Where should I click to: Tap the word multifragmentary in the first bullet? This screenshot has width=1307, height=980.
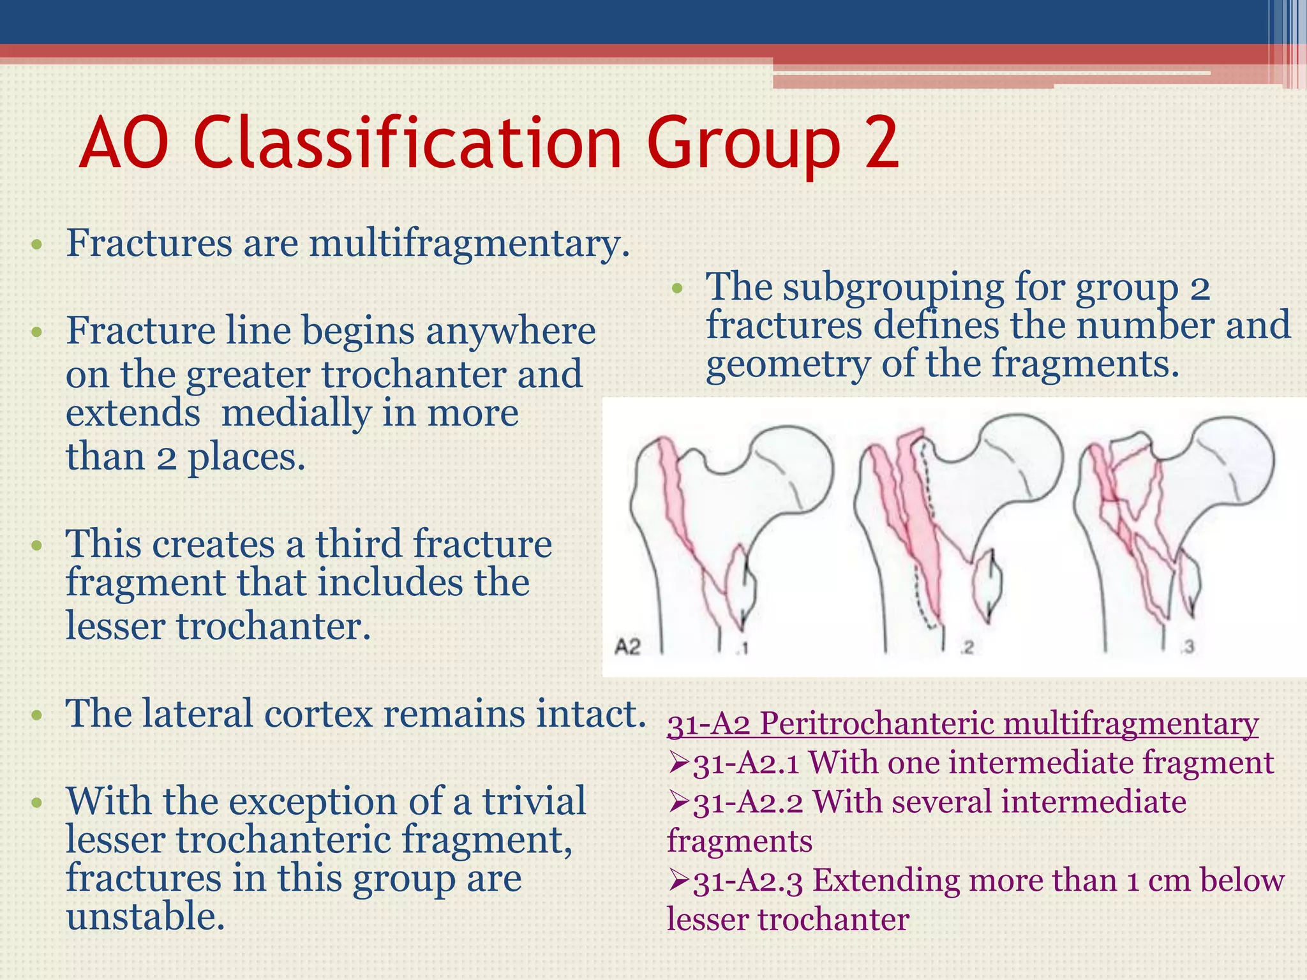click(x=470, y=244)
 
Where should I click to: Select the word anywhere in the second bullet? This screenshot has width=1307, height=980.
click(x=511, y=332)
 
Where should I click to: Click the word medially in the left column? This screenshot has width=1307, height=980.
click(x=296, y=413)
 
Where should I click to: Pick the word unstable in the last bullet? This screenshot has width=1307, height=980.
click(x=146, y=917)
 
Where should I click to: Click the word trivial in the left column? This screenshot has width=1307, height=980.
click(x=534, y=801)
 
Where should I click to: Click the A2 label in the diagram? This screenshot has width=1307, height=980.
click(x=627, y=648)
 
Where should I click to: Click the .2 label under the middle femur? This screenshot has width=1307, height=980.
click(x=967, y=648)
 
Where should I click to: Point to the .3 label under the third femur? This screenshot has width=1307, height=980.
click(x=1187, y=648)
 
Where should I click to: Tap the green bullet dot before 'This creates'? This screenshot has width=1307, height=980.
click(x=37, y=546)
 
